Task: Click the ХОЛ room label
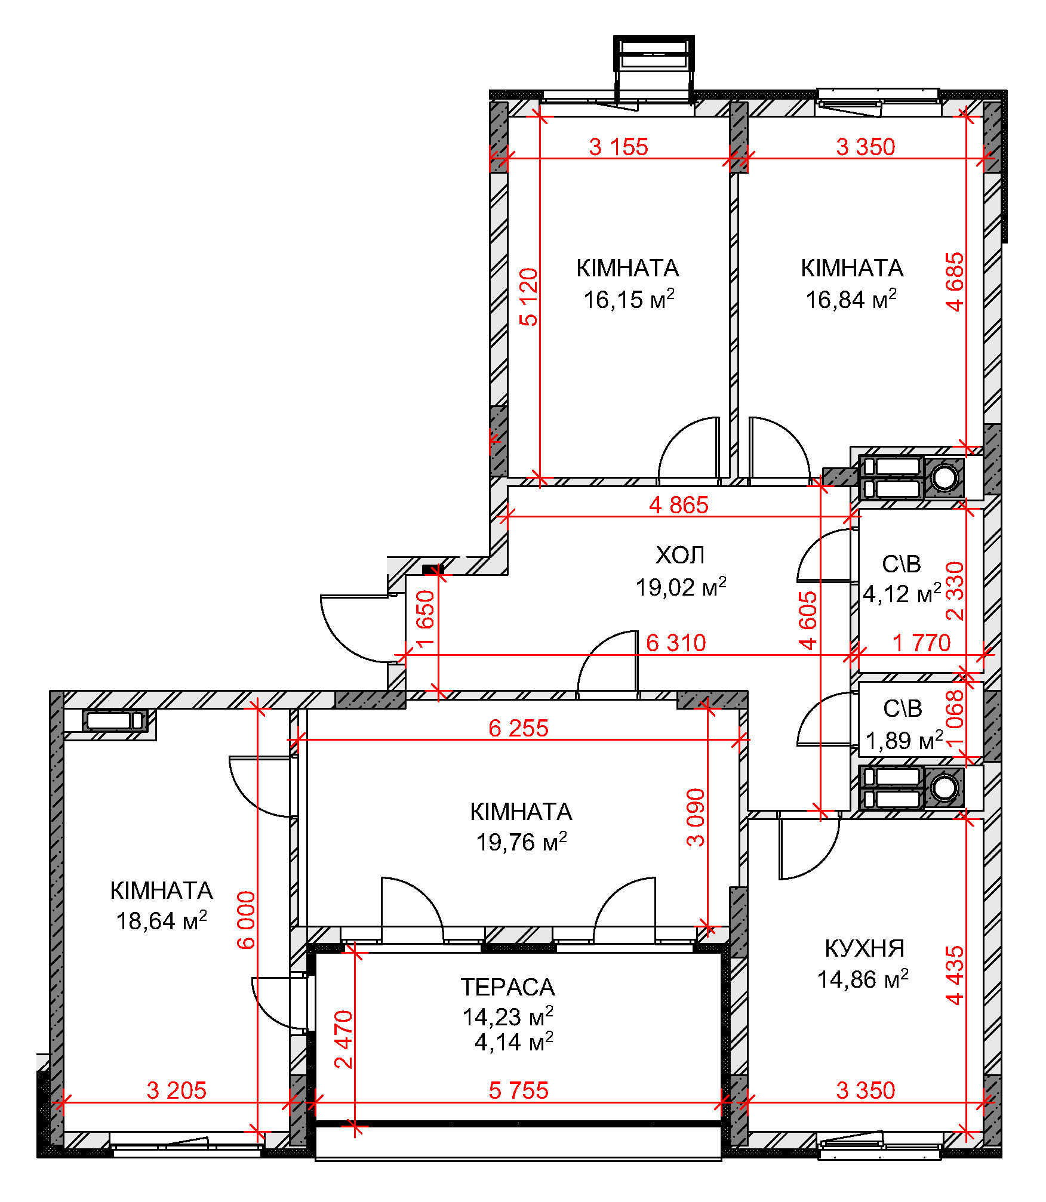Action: click(680, 556)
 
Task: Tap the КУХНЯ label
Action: click(865, 948)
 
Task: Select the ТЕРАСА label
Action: click(507, 987)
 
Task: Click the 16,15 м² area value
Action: click(629, 299)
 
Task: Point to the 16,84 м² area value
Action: click(851, 299)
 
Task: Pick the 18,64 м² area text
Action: click(161, 921)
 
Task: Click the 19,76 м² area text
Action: click(521, 842)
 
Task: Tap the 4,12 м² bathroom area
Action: click(902, 594)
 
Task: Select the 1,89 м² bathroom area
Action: click(904, 741)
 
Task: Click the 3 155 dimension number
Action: click(619, 147)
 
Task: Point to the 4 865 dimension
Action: click(679, 505)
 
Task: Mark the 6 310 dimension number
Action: click(676, 643)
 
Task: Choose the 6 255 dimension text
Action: click(518, 728)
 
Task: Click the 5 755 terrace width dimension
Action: click(518, 1090)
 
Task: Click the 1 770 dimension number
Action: click(921, 643)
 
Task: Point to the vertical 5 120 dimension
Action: click(529, 297)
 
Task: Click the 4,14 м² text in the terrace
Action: click(513, 1042)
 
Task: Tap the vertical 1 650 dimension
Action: click(426, 619)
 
